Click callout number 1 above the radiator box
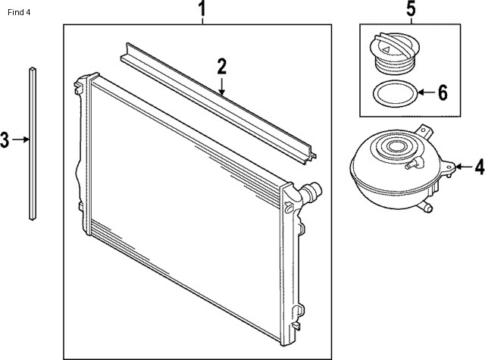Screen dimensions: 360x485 pyautogui.click(x=202, y=10)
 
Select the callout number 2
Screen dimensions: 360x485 pyautogui.click(x=221, y=66)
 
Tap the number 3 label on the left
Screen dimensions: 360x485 pyautogui.click(x=6, y=139)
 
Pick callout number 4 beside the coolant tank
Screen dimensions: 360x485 pyautogui.click(x=478, y=167)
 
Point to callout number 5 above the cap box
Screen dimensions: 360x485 pyautogui.click(x=410, y=10)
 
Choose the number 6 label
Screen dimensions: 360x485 pyautogui.click(x=443, y=93)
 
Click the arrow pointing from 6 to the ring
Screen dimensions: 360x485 pyautogui.click(x=425, y=93)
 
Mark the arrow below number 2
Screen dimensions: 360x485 pyautogui.click(x=221, y=86)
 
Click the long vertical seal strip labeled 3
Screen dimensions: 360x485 pyautogui.click(x=33, y=144)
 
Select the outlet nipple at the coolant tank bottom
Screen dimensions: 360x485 pyautogui.click(x=426, y=205)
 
